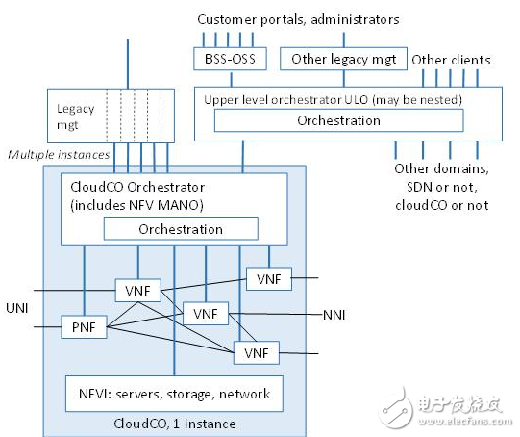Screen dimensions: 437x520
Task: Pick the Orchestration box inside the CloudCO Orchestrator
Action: point(181,229)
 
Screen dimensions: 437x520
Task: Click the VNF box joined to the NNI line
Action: point(206,315)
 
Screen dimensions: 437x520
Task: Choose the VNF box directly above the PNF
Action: point(136,290)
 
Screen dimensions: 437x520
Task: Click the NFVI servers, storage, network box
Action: point(175,393)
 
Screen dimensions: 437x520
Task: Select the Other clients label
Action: point(451,60)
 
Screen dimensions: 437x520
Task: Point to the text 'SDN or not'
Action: point(441,187)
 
